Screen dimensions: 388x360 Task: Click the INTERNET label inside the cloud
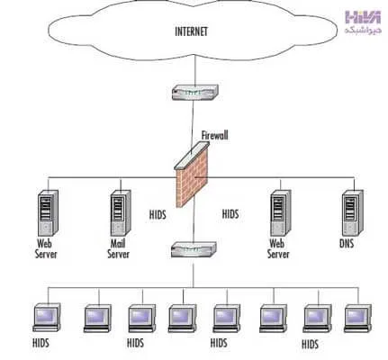point(191,31)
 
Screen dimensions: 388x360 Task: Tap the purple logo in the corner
point(363,17)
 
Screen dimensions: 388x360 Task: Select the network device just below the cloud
point(195,92)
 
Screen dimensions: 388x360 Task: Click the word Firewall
point(214,135)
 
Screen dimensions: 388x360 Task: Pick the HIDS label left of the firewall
point(158,215)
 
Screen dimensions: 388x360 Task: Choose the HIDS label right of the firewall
point(230,214)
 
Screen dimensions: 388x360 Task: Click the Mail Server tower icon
point(121,212)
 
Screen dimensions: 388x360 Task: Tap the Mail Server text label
point(118,248)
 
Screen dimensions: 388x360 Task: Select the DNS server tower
point(353,212)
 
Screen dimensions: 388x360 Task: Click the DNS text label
point(347,243)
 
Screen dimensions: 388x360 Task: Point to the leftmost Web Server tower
point(48,212)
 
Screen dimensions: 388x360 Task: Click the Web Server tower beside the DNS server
point(281,212)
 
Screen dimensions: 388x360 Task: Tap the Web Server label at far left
point(46,248)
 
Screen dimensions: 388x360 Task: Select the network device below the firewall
point(194,250)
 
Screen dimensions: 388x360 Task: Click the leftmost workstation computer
point(47,318)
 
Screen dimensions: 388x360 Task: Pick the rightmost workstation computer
point(357,319)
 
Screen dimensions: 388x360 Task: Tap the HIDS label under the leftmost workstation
point(41,343)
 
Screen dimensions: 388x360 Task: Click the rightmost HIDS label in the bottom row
point(310,344)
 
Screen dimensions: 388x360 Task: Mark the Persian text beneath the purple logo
point(363,30)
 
